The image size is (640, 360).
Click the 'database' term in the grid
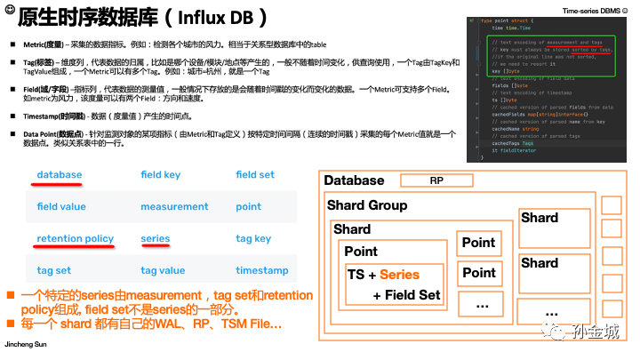pyautogui.click(x=59, y=175)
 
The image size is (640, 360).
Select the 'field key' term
pyautogui.click(x=161, y=175)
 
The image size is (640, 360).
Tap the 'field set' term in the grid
pyautogui.click(x=255, y=175)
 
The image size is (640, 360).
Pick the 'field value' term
pyautogui.click(x=61, y=207)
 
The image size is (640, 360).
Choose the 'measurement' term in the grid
pyautogui.click(x=174, y=207)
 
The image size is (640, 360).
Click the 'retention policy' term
pyautogui.click(x=75, y=239)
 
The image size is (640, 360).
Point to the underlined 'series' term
pyautogui.click(x=156, y=239)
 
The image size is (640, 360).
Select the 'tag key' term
pyautogui.click(x=253, y=239)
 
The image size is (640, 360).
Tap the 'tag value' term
pyautogui.click(x=163, y=271)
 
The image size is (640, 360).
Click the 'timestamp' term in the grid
pyautogui.click(x=261, y=271)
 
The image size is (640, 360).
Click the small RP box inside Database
pyautogui.click(x=437, y=181)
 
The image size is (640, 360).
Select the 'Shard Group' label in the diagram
pyautogui.click(x=367, y=206)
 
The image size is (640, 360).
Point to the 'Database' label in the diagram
pyautogui.click(x=354, y=181)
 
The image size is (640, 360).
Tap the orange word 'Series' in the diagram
pyautogui.click(x=399, y=276)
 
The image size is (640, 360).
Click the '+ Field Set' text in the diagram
pyautogui.click(x=406, y=295)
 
